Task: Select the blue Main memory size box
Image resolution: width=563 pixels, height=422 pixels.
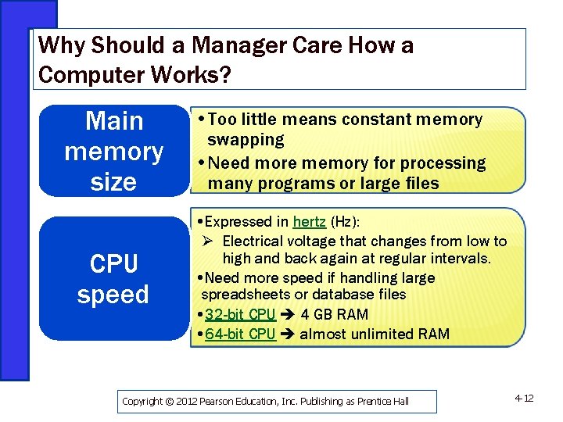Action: coord(113,151)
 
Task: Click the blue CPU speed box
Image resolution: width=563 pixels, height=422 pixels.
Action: coord(113,279)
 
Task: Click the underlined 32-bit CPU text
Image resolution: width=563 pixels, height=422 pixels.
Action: coord(240,314)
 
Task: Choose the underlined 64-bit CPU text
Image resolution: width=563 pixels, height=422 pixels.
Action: coord(240,334)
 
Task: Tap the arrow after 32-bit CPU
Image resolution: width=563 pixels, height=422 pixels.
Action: coord(286,315)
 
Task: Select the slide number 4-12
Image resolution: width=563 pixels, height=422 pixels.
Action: coord(524,399)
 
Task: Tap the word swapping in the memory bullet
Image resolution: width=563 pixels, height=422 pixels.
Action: coord(246,140)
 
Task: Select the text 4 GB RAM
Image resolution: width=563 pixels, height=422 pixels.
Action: coord(334,314)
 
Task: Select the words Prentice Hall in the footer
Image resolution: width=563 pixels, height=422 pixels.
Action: coord(383,402)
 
